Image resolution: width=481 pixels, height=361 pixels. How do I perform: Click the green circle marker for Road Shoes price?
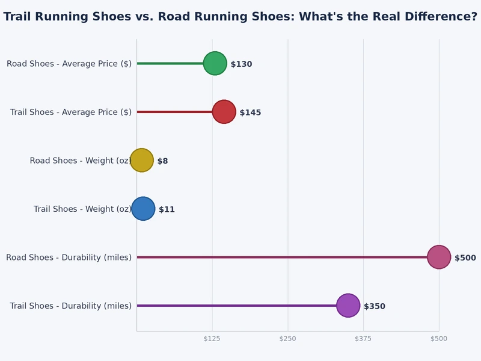tap(215, 63)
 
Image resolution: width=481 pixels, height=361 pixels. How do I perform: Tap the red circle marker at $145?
tap(224, 112)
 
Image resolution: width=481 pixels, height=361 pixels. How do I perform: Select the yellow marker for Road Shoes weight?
tap(142, 160)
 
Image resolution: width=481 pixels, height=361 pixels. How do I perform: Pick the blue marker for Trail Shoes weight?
tap(143, 209)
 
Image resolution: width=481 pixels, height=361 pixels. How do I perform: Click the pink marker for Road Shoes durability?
tap(438, 257)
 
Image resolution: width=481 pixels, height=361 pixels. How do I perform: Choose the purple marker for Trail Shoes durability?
tap(348, 306)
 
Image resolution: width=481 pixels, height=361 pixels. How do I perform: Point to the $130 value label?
tap(241, 64)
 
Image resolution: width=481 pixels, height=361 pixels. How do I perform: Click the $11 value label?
tap(167, 209)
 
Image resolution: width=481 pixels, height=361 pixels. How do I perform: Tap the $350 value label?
tap(374, 306)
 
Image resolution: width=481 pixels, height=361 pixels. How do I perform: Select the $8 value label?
tap(162, 161)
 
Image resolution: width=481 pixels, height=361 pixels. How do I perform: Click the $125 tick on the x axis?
tap(212, 339)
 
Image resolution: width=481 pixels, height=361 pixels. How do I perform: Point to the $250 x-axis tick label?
tap(288, 339)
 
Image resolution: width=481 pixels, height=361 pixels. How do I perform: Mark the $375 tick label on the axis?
tap(363, 339)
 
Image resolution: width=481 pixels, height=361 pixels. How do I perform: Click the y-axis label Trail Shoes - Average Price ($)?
tap(71, 113)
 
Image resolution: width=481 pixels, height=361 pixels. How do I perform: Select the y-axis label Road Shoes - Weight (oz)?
tap(81, 161)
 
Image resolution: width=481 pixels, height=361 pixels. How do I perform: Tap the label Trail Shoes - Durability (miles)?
tap(71, 306)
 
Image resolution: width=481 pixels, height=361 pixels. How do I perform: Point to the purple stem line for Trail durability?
tap(240, 306)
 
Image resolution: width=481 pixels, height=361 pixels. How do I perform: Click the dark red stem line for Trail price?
tap(174, 112)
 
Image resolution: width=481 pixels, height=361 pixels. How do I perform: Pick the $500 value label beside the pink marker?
tap(465, 258)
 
